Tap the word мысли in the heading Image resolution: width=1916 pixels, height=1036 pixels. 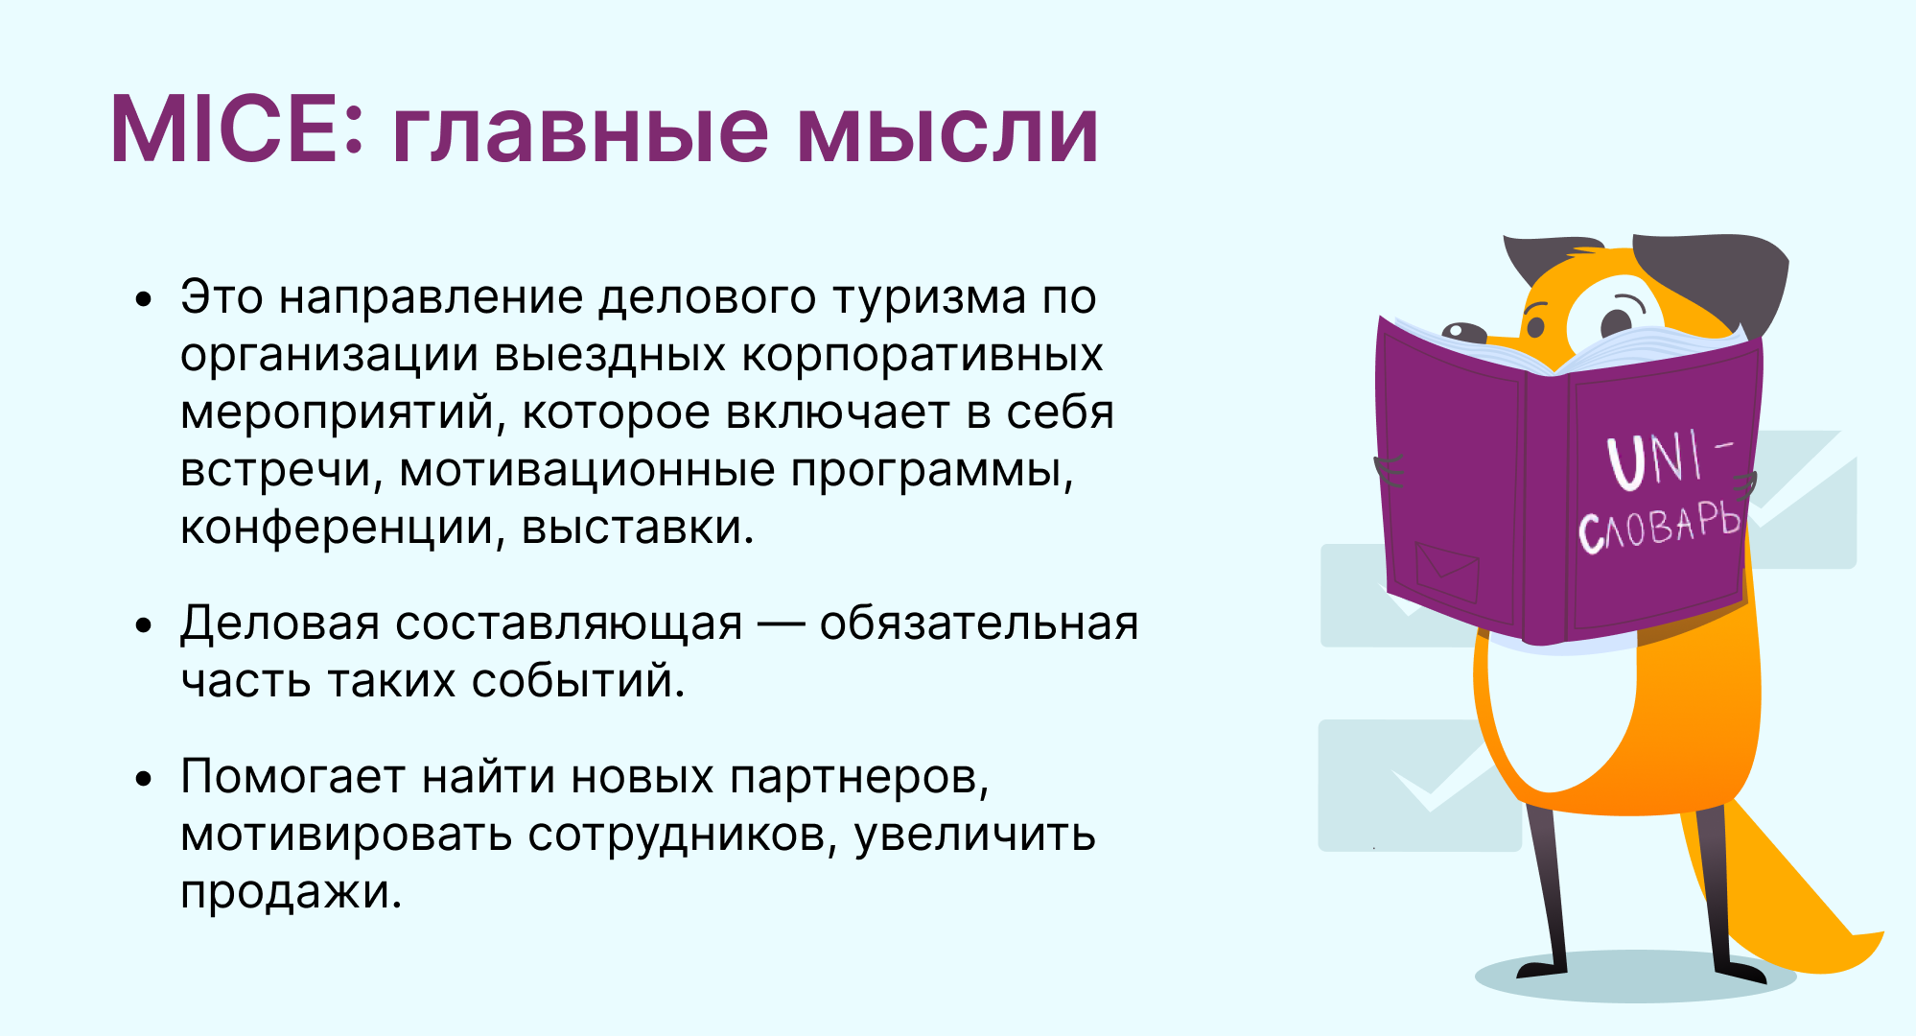click(x=947, y=130)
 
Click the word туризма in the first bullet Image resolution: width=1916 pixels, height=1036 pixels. click(x=928, y=297)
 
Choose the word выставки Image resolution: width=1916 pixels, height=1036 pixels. click(x=638, y=529)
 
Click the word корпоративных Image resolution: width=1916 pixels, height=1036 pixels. click(x=923, y=356)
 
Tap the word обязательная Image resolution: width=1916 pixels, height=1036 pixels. click(x=979, y=624)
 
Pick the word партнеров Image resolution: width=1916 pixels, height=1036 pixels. click(x=859, y=777)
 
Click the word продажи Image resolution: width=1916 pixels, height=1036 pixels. click(x=291, y=893)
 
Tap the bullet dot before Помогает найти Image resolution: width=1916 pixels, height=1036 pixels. click(x=144, y=779)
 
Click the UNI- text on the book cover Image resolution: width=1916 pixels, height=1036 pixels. click(x=1670, y=459)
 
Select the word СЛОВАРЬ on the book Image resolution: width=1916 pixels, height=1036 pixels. click(x=1659, y=527)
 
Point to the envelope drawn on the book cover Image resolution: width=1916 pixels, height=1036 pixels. click(x=1447, y=572)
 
